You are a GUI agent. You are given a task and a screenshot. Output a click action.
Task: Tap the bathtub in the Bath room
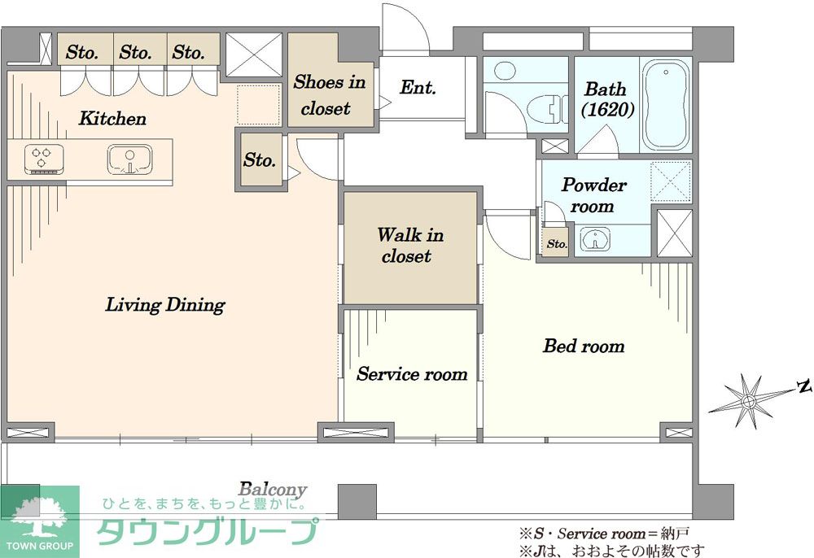tap(667, 104)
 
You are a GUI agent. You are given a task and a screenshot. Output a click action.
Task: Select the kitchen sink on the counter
tap(129, 159)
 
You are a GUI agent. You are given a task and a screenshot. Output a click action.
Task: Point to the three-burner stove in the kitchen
tap(44, 159)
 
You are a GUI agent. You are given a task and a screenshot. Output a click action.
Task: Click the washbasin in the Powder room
tap(595, 240)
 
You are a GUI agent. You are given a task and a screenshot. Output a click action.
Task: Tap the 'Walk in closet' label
tap(409, 246)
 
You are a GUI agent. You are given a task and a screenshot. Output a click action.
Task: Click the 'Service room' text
tap(412, 374)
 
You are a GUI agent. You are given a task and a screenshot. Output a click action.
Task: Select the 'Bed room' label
tap(584, 346)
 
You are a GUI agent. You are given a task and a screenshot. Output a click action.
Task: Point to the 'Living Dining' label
tap(165, 304)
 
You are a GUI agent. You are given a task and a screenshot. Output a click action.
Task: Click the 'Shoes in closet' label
tap(329, 95)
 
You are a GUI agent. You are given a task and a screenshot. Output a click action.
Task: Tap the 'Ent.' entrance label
tap(418, 87)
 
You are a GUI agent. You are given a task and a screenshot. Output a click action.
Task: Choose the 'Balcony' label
tap(273, 489)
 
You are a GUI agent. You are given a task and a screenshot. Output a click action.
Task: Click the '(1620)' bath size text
tap(607, 110)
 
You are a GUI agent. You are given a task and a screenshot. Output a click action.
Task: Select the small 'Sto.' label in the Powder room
tap(557, 244)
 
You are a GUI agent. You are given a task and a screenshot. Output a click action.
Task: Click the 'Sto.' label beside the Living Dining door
tap(259, 159)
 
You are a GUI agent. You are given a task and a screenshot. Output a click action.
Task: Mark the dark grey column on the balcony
tap(357, 502)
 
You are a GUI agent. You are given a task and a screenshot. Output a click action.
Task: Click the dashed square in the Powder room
tap(671, 181)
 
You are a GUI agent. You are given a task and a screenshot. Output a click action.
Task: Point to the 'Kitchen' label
tap(112, 119)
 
